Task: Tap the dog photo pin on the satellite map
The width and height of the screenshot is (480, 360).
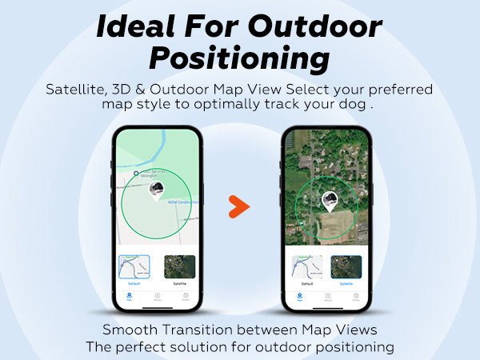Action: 328,200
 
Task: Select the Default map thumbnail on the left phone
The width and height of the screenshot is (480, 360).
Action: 134,266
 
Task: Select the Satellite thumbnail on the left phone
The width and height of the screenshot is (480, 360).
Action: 180,266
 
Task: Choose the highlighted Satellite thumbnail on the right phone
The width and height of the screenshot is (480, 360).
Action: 346,266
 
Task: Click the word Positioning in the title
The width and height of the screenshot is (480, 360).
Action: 240,58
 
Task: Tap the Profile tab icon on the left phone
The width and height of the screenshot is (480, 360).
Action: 185,296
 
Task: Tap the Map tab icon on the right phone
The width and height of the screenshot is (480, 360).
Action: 299,296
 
